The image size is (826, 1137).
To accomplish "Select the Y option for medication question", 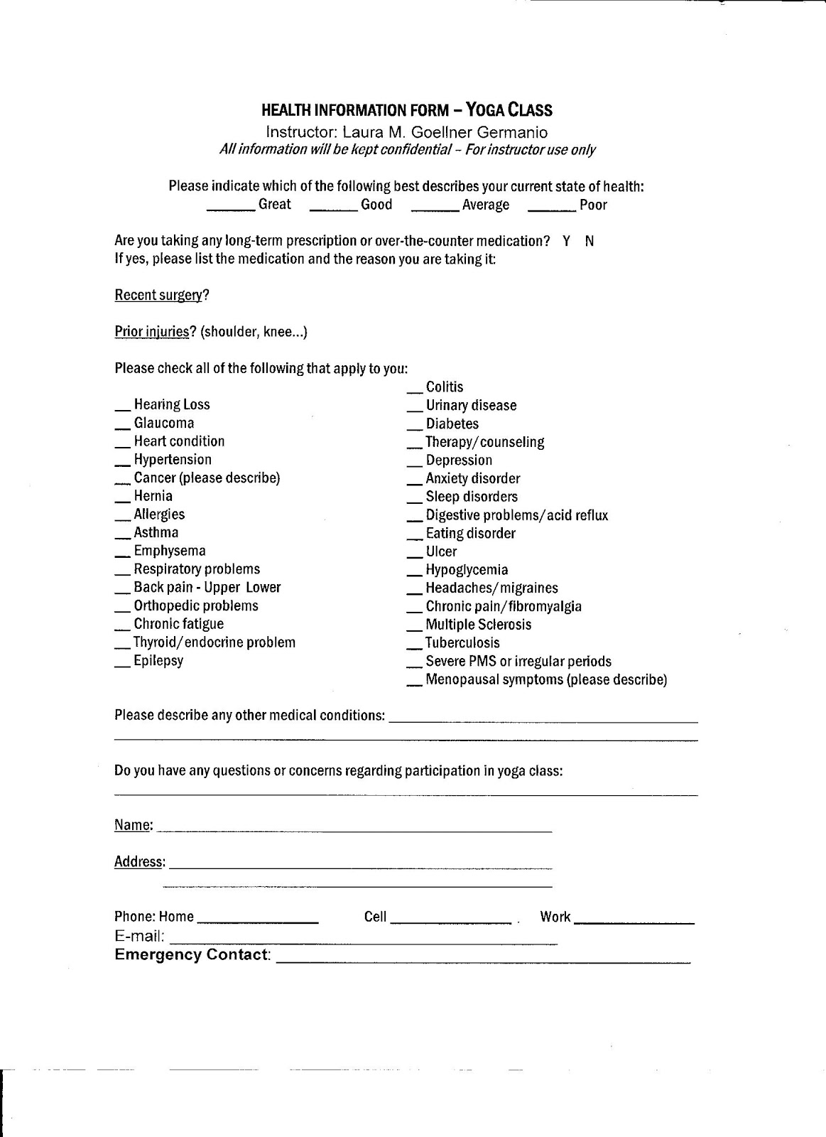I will click(x=566, y=241).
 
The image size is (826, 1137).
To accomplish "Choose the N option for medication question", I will click(x=589, y=241).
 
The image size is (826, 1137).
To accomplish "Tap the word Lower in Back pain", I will click(x=263, y=588).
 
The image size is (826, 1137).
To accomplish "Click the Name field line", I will click(x=353, y=829).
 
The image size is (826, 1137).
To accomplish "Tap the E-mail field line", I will click(x=363, y=942).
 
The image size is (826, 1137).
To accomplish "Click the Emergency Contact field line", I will click(x=482, y=961).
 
